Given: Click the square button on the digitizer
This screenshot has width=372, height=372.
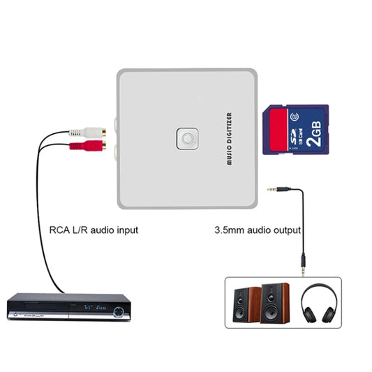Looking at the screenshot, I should pyautogui.click(x=186, y=138).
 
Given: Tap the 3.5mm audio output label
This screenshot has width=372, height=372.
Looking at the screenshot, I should pyautogui.click(x=257, y=229).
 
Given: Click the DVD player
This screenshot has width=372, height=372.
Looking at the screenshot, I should pyautogui.click(x=68, y=306).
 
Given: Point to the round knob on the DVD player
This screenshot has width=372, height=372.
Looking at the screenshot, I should pyautogui.click(x=121, y=308).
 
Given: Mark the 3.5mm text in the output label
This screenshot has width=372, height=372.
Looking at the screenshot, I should pyautogui.click(x=228, y=229).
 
